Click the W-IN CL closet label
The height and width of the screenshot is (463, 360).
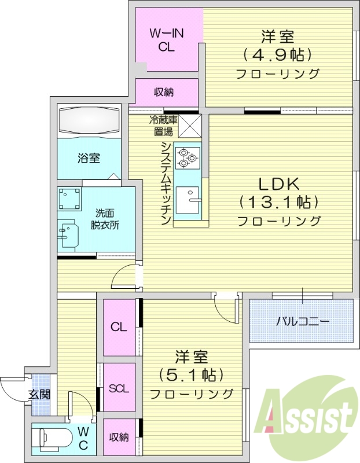tap(167, 41)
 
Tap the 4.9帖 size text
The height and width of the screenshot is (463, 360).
tap(278, 56)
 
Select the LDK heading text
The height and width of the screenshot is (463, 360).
tap(278, 184)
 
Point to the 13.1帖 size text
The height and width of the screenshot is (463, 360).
tap(278, 203)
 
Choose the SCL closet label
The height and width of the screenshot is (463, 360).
tap(119, 388)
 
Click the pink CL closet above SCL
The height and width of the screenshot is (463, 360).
tap(119, 327)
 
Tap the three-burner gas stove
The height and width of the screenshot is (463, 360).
tap(188, 157)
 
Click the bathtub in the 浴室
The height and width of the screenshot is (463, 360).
tap(89, 122)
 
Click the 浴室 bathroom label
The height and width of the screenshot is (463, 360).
tap(89, 157)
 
